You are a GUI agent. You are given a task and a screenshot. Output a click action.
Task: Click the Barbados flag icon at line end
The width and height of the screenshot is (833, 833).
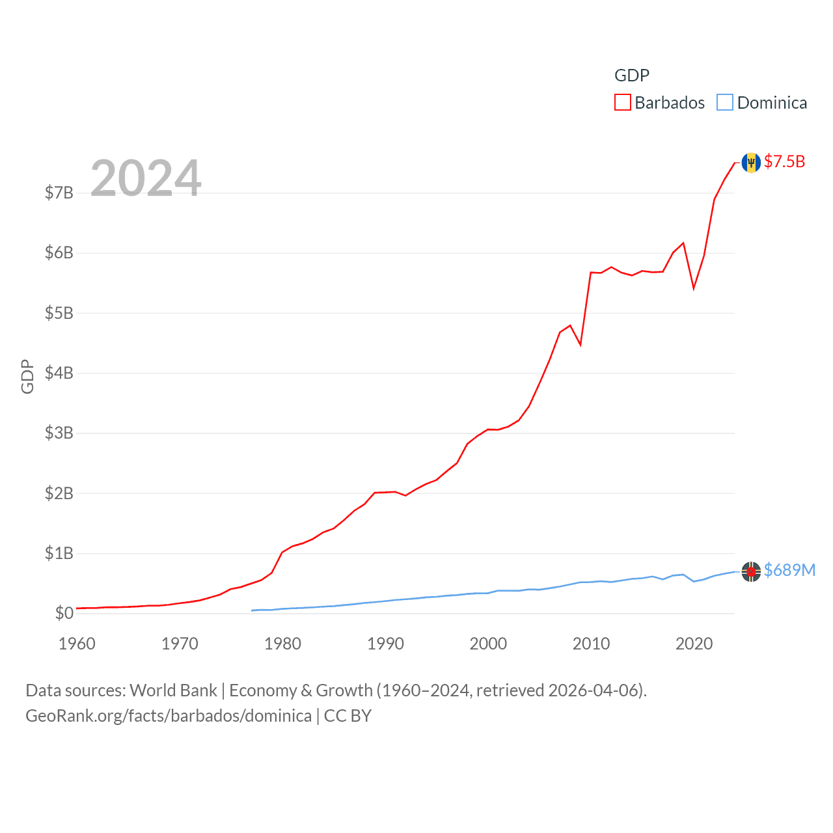(751, 162)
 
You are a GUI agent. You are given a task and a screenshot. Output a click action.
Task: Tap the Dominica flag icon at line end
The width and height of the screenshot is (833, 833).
(751, 571)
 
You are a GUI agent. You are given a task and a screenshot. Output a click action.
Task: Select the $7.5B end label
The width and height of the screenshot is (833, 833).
(784, 161)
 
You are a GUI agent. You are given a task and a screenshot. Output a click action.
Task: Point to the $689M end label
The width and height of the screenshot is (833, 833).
(789, 570)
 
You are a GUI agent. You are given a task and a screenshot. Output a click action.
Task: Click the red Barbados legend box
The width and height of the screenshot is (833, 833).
(623, 103)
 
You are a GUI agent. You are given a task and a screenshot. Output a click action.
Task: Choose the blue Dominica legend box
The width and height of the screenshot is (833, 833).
(725, 103)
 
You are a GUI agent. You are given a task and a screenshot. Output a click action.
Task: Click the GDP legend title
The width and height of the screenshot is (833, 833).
(631, 75)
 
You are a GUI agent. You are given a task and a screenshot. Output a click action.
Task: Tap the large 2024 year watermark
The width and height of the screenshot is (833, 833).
(146, 178)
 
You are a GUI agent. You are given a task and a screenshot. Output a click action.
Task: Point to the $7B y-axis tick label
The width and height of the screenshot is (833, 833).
(59, 193)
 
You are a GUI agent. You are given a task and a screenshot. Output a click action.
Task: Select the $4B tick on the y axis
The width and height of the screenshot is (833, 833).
(59, 373)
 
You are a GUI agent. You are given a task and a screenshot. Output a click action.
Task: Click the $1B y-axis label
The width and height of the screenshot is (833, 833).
(59, 553)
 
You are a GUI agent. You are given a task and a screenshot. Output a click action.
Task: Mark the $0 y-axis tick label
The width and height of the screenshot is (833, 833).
(64, 613)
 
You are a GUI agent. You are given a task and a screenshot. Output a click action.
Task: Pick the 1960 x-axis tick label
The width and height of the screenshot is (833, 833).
(77, 644)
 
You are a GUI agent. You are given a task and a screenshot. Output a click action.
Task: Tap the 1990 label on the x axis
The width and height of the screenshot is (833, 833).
(385, 644)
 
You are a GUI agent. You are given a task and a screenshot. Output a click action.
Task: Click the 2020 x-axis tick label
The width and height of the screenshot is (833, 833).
(694, 644)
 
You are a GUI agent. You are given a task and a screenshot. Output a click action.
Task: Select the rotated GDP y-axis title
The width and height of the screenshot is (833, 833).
(27, 376)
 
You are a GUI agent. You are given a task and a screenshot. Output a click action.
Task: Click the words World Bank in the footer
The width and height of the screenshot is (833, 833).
(173, 690)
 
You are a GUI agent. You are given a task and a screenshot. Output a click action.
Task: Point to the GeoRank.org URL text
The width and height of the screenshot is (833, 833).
(168, 716)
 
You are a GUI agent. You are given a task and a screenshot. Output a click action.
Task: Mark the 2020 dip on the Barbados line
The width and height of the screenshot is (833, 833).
(694, 288)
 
